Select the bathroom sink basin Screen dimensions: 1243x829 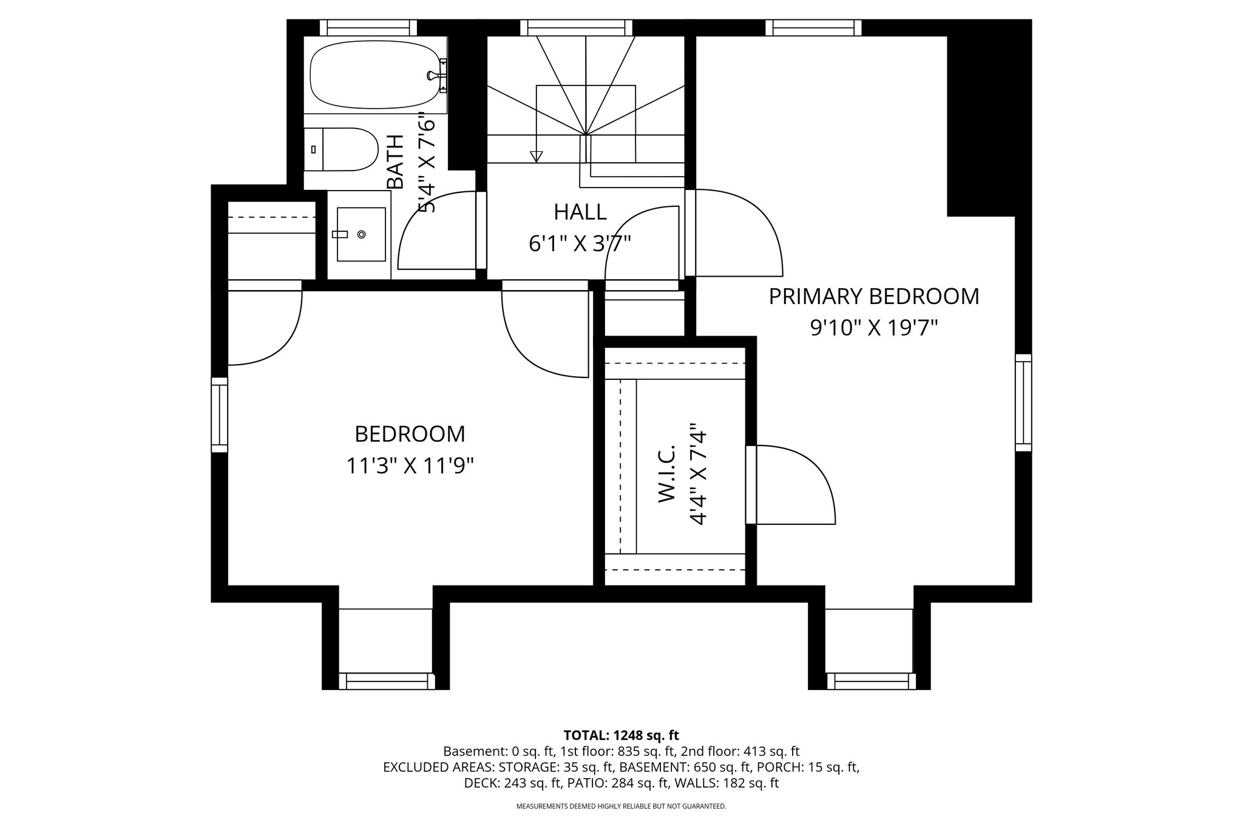(361, 234)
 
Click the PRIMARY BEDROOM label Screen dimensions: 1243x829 (874, 297)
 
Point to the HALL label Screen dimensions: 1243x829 (580, 212)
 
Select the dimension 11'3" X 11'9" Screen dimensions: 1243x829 (410, 466)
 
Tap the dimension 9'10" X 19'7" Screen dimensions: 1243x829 (874, 328)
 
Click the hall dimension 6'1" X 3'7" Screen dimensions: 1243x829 (580, 243)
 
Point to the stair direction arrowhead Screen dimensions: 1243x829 (536, 157)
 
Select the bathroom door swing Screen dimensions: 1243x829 (437, 230)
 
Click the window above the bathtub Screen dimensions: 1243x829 (368, 27)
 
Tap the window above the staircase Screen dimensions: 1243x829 (576, 27)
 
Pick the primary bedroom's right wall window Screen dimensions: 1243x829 (1023, 402)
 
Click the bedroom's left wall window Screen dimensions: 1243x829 (219, 414)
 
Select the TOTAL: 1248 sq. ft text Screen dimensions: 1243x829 (621, 736)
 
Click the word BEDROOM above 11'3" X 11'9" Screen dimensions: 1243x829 (410, 435)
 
